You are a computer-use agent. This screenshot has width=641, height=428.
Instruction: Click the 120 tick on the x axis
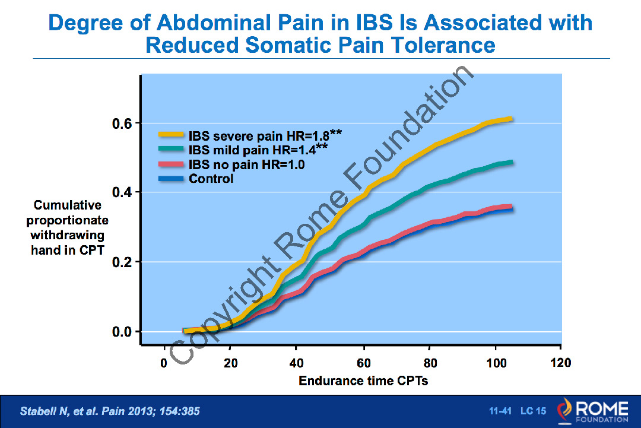click(561, 363)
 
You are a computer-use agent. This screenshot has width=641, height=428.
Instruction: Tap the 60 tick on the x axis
click(363, 363)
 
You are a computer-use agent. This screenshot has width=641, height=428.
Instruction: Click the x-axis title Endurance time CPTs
click(363, 381)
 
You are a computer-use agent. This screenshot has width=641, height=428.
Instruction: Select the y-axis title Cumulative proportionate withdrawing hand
click(68, 227)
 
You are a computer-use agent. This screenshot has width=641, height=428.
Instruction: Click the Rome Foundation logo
click(590, 411)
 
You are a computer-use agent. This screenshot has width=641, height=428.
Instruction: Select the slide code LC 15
click(533, 411)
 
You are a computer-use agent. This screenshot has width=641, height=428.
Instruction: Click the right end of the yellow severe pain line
click(510, 119)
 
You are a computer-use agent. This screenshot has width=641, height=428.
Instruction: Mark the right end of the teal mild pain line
click(510, 162)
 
